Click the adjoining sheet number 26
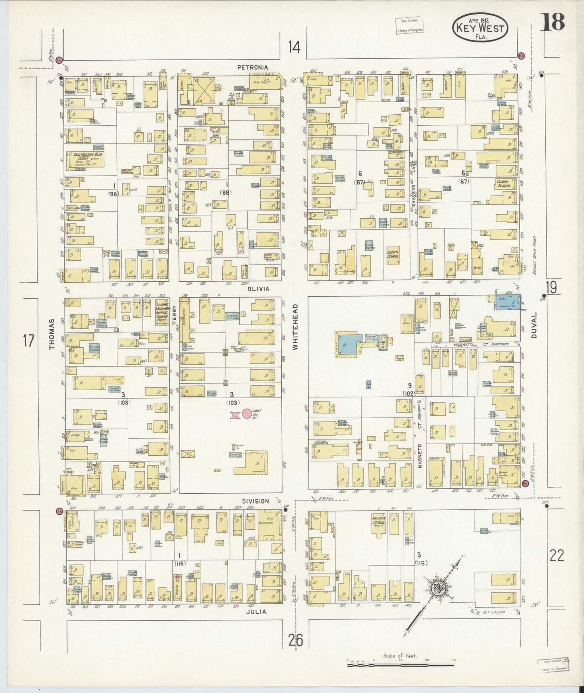click(296, 640)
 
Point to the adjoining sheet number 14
click(295, 48)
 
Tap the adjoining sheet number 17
click(28, 341)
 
